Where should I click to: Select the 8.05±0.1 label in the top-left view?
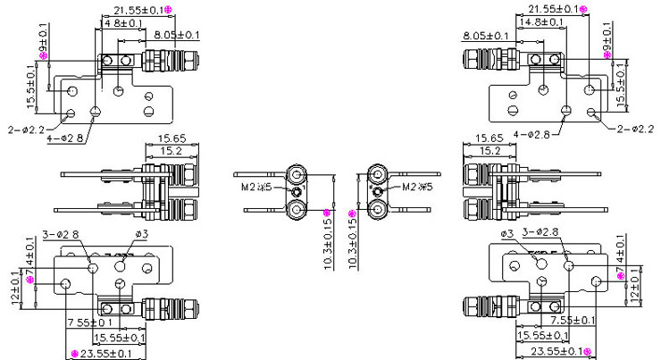176,35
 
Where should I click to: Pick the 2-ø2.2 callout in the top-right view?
635,130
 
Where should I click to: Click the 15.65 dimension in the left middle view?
172,138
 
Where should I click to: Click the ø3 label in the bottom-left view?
140,234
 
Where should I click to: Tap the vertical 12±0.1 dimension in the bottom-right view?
634,283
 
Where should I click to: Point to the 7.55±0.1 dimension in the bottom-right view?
573,320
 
